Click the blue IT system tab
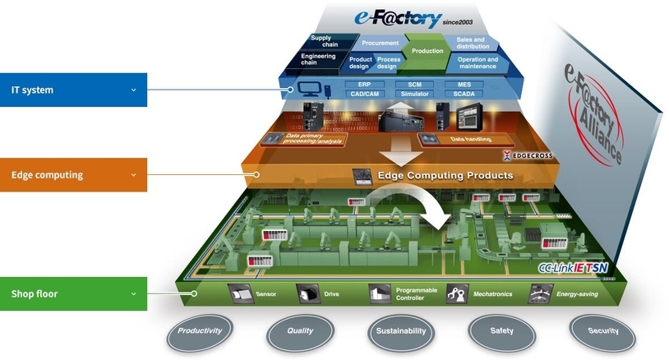click(x=73, y=90)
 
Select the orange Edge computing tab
click(x=73, y=174)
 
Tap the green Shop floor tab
click(x=73, y=293)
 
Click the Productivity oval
click(x=201, y=331)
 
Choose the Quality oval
click(x=300, y=331)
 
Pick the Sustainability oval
click(x=401, y=331)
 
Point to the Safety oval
click(x=501, y=331)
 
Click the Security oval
click(x=603, y=331)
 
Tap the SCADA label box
click(x=458, y=94)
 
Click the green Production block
click(x=427, y=51)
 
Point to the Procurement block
click(x=380, y=43)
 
